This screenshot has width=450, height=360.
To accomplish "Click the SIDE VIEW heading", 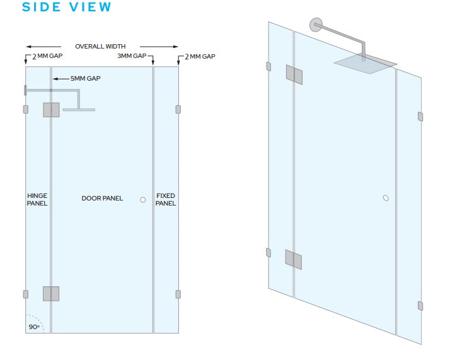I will coord(66,8).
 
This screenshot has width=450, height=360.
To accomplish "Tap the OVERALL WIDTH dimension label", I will coord(100,47).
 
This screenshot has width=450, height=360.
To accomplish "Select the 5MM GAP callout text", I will coord(85,79).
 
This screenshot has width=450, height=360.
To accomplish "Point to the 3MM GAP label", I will coord(132,57).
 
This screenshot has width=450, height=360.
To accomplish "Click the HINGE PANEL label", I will coord(37,200).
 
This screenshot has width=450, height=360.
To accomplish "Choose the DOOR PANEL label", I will coord(102,199).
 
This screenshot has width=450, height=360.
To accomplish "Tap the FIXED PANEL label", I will coord(166,200).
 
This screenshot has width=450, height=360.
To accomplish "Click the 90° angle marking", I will coord(33,327).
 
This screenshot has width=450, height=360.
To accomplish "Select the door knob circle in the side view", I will coord(143,200).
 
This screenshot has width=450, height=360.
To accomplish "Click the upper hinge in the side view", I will coord(51,110).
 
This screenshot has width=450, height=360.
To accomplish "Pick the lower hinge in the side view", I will coord(51,294).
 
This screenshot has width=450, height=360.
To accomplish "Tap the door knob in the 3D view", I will coord(386,198).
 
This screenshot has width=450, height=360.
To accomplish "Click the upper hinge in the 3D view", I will coord(294,74).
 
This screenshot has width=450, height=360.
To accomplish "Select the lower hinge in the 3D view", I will coord(293,259).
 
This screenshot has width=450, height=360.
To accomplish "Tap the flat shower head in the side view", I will coord(79,110).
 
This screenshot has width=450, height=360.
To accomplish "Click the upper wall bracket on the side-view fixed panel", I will coord(178,109).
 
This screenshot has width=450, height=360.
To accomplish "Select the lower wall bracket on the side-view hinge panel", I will coord(25,294).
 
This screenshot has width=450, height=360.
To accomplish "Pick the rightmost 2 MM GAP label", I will coord(200,57).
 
